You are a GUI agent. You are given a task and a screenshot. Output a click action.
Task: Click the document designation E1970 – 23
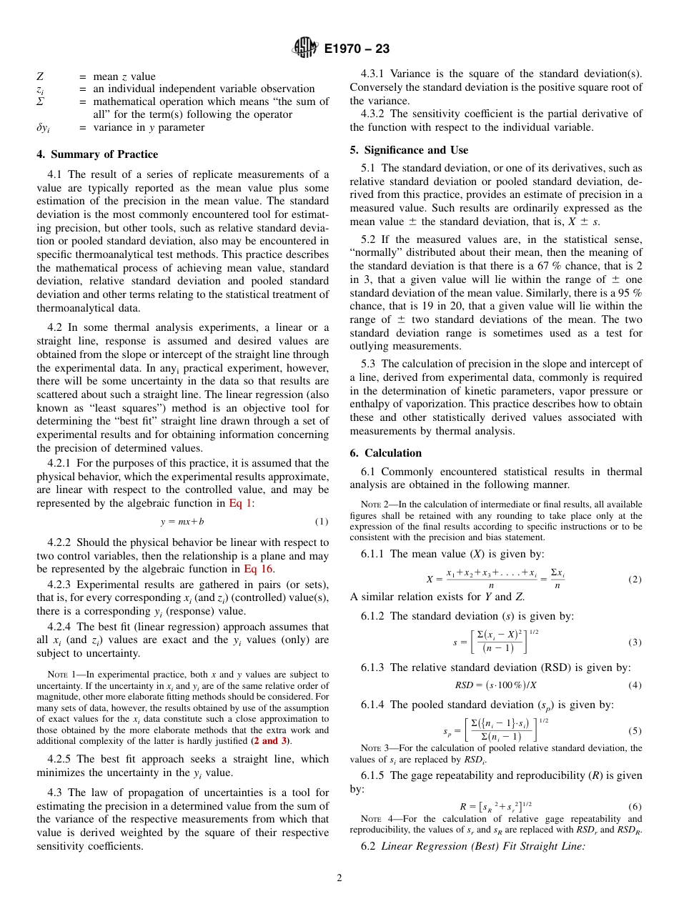click(357, 49)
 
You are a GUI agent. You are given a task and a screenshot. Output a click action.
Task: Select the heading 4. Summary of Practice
click(97, 154)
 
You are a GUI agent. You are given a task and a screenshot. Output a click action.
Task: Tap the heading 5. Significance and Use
click(409, 150)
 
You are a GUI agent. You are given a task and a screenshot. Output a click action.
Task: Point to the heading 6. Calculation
click(386, 453)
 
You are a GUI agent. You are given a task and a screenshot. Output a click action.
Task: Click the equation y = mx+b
click(182, 522)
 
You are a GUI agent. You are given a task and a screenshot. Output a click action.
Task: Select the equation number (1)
click(322, 522)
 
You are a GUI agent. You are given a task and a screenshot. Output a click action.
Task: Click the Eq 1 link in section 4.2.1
click(239, 503)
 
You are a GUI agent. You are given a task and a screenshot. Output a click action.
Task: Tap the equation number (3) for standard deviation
click(635, 642)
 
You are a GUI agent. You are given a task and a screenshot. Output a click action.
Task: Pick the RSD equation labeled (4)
click(495, 685)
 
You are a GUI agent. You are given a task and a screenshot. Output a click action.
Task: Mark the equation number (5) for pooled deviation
click(635, 731)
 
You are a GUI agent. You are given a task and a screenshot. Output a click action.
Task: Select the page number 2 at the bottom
click(339, 878)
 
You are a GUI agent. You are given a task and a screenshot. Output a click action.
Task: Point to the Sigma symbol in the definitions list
click(41, 102)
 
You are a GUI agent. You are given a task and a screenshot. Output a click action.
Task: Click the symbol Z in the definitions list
click(40, 76)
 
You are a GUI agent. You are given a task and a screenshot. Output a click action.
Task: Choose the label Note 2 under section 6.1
click(375, 505)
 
